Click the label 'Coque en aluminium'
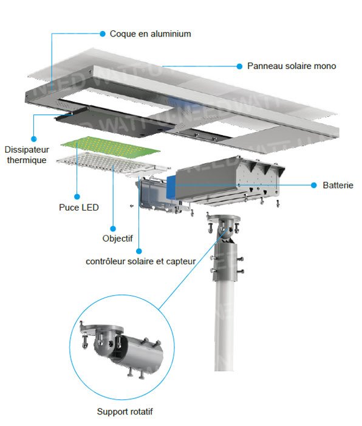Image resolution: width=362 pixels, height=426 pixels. click(150, 33)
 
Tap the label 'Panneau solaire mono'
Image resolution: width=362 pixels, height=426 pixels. click(292, 66)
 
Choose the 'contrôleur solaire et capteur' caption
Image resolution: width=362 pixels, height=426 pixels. click(140, 262)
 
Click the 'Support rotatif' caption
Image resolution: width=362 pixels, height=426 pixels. click(125, 412)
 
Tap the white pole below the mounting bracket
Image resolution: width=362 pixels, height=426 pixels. click(224, 329)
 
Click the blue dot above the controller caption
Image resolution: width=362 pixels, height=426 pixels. click(140, 250)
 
